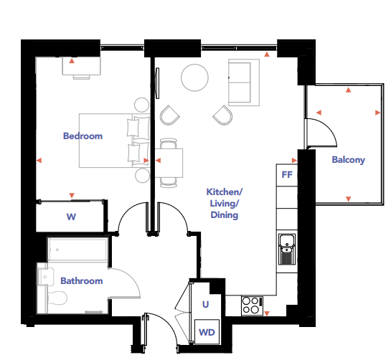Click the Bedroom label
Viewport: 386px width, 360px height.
pos(83,136)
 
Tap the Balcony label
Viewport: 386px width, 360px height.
pos(349,160)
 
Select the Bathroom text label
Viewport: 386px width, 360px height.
pos(82,281)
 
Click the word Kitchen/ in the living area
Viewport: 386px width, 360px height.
pos(225,192)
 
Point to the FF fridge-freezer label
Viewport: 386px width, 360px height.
pos(287,175)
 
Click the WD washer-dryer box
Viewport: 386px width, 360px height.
pos(207,332)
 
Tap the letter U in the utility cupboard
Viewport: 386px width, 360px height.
pos(205,304)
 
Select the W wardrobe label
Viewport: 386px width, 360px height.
pos(71,217)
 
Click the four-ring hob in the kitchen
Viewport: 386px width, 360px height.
pos(252,305)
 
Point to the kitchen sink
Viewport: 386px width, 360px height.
pos(287,249)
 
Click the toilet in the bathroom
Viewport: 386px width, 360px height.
pos(57,298)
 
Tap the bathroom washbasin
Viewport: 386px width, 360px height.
pos(46,276)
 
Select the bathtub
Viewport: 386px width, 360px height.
pos(77,250)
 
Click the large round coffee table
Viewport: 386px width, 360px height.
pos(194,77)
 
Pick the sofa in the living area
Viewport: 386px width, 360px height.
pos(244,82)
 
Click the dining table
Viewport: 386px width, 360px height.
pos(169,163)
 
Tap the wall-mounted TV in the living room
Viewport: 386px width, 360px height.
pos(157,83)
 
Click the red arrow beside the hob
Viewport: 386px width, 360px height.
pos(267,313)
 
